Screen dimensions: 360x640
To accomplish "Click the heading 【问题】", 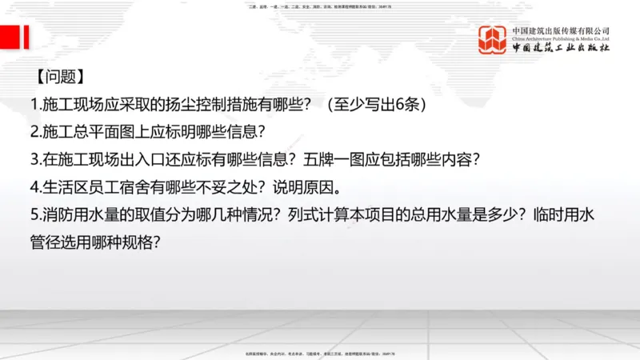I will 59,78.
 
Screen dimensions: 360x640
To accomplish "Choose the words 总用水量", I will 462,215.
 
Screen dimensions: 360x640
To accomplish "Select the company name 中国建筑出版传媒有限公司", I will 561,30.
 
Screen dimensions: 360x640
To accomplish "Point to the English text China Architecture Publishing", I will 561,38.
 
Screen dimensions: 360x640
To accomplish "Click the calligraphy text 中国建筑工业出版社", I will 561,49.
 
